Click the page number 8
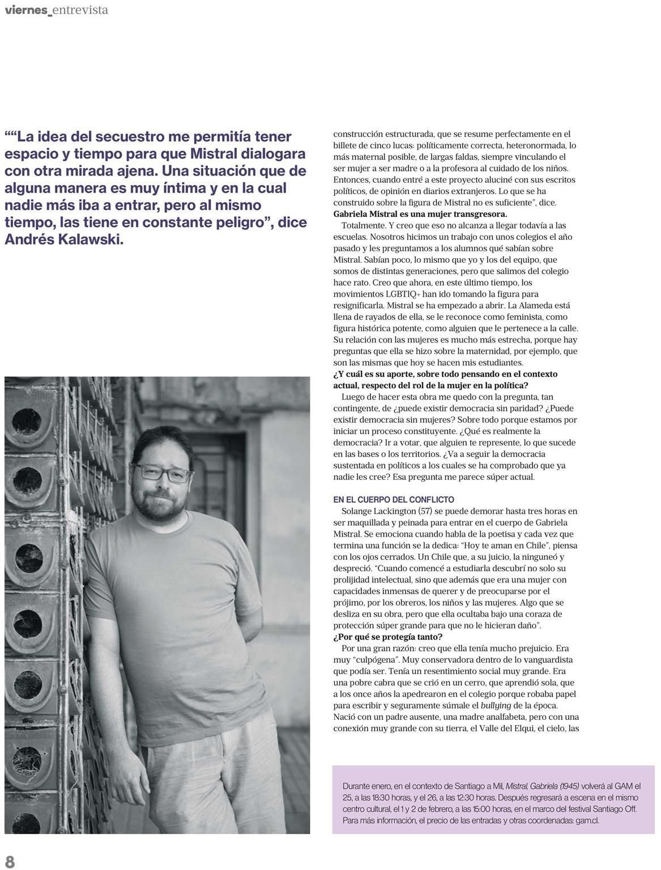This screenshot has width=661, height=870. point(10,861)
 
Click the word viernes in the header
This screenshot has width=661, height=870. point(25,10)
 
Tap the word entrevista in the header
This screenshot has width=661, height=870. point(80,10)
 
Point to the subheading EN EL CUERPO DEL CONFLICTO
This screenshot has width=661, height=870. point(394,500)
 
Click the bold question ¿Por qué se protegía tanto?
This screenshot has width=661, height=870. point(388,637)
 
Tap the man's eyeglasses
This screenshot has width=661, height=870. point(164,473)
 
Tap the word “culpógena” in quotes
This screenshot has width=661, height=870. point(375,659)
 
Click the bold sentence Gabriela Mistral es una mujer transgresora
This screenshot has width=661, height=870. point(420,214)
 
